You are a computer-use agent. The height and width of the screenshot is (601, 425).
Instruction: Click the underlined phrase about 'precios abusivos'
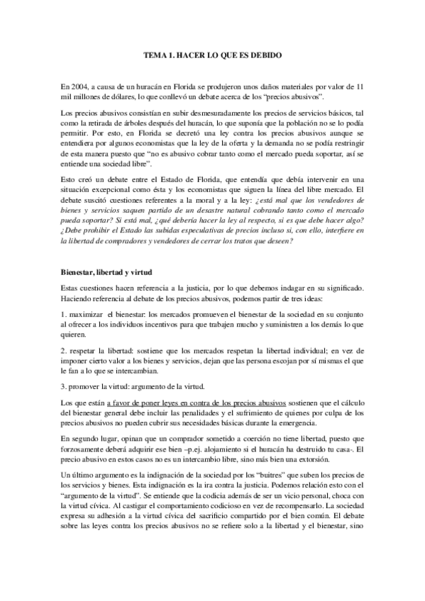(198, 403)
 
